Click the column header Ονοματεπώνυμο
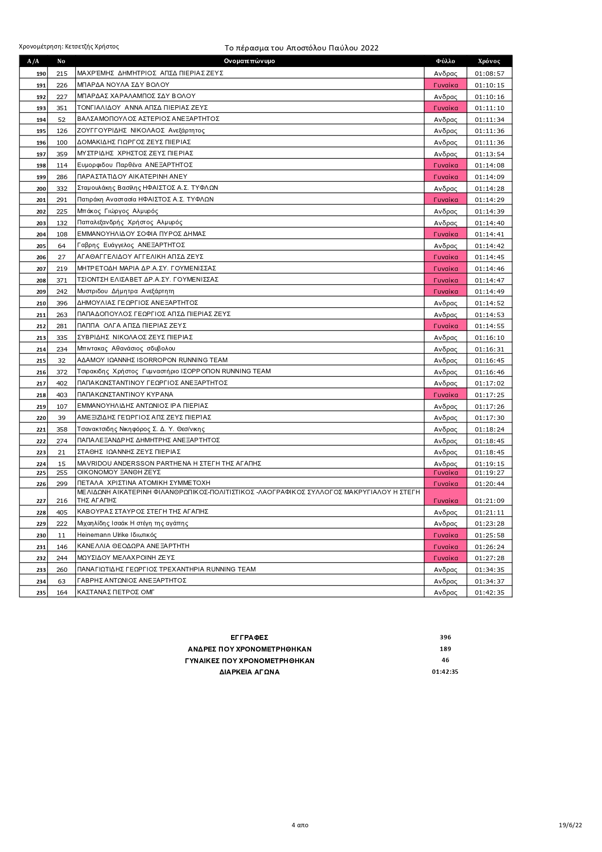coord(250,61)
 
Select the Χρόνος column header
coord(489,61)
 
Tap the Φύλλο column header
coord(445,61)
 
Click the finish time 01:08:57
coord(489,74)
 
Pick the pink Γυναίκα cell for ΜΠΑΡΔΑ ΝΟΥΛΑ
coord(445,85)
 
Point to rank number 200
coord(41,189)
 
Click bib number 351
coord(62,108)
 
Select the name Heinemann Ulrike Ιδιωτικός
coord(117,535)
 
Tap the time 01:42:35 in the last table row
coord(489,592)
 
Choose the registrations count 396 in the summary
coord(445,637)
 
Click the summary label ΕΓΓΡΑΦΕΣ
coord(250,637)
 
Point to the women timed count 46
coord(445,660)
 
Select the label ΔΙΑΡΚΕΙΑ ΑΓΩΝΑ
coord(250,672)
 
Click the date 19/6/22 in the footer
coord(570,825)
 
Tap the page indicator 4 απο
coord(300,825)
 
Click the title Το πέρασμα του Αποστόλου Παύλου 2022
coord(301,48)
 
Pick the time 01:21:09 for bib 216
coord(489,501)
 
